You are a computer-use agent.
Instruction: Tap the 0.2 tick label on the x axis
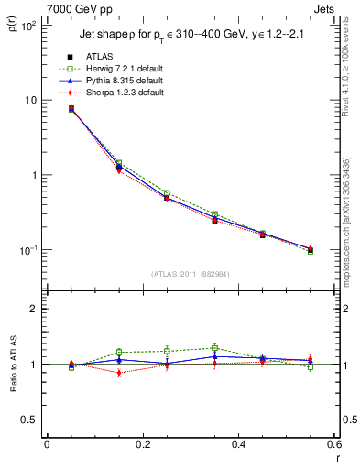(142, 443)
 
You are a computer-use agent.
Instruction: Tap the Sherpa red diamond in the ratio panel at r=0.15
(119, 373)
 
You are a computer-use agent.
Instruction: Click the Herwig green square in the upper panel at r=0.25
(167, 193)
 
